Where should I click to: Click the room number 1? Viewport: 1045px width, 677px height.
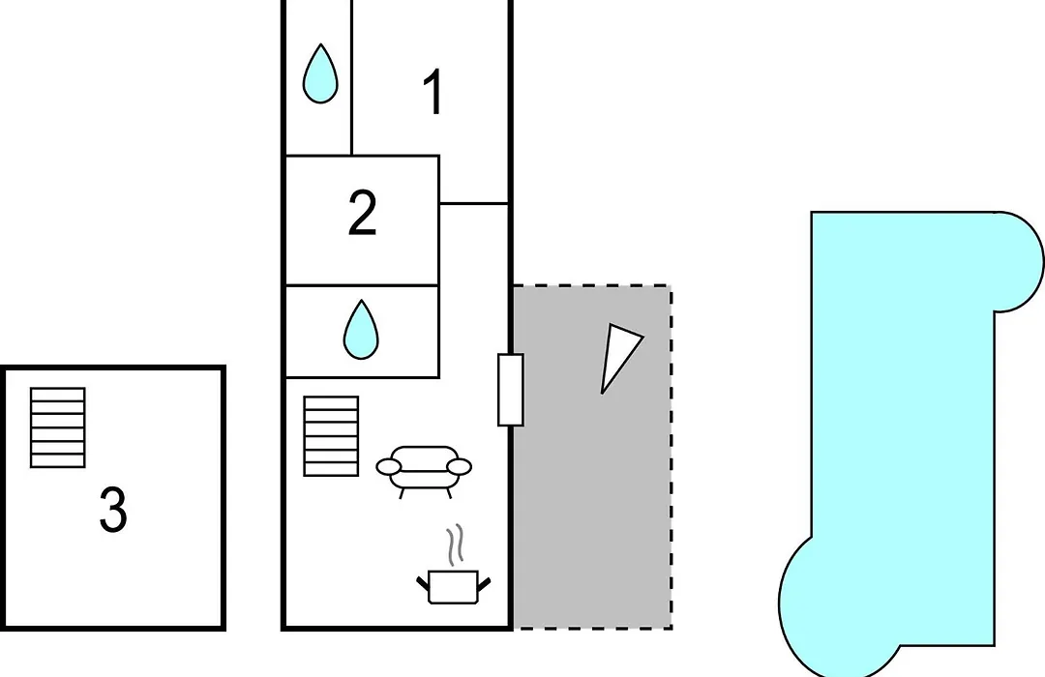(433, 92)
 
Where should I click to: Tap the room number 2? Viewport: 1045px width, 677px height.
(363, 213)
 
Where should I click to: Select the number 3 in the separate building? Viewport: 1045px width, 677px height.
(113, 510)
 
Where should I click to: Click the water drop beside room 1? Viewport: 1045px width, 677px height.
(320, 74)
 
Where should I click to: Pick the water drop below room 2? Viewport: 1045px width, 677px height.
(361, 329)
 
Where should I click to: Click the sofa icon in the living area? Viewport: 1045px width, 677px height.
(424, 471)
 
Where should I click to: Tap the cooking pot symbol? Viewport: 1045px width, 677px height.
(453, 586)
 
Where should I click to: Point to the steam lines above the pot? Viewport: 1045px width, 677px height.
(455, 545)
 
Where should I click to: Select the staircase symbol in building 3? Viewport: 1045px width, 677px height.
(58, 427)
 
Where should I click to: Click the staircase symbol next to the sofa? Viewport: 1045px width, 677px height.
(331, 436)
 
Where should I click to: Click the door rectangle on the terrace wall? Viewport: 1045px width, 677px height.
(511, 390)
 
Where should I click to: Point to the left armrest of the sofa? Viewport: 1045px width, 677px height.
(389, 466)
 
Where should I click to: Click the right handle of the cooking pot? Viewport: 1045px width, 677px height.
(485, 584)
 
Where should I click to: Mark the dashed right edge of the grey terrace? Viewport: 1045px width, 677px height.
(672, 457)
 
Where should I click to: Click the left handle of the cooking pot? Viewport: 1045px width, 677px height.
(423, 584)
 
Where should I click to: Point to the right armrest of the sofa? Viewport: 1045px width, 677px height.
(459, 466)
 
